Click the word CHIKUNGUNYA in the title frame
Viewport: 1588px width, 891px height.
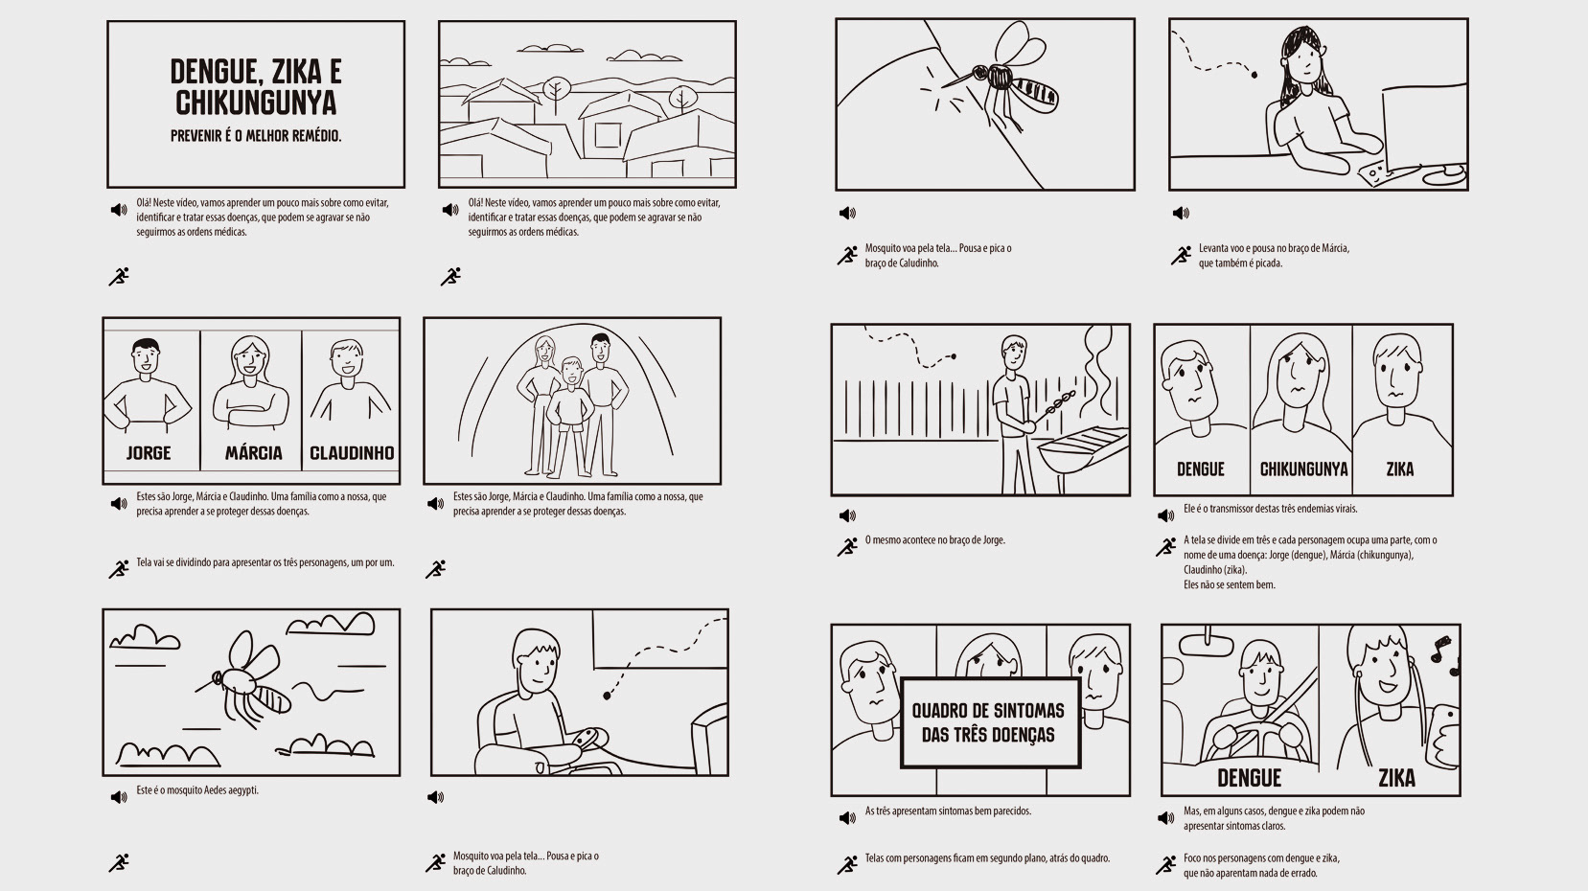pyautogui.click(x=256, y=103)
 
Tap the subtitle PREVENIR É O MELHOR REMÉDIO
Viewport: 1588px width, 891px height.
pyautogui.click(x=256, y=136)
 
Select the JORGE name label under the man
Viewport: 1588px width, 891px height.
pyautogui.click(x=149, y=452)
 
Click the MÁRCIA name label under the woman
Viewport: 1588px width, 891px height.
pyautogui.click(x=253, y=452)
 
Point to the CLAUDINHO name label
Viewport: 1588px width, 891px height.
pyautogui.click(x=352, y=452)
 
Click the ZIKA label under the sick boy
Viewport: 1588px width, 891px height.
pyautogui.click(x=1400, y=469)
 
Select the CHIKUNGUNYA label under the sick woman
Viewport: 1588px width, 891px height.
pyautogui.click(x=1302, y=469)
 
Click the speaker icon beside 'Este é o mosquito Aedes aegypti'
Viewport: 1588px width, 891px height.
pyautogui.click(x=119, y=796)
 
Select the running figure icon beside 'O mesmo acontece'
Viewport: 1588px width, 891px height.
pyautogui.click(x=846, y=546)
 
